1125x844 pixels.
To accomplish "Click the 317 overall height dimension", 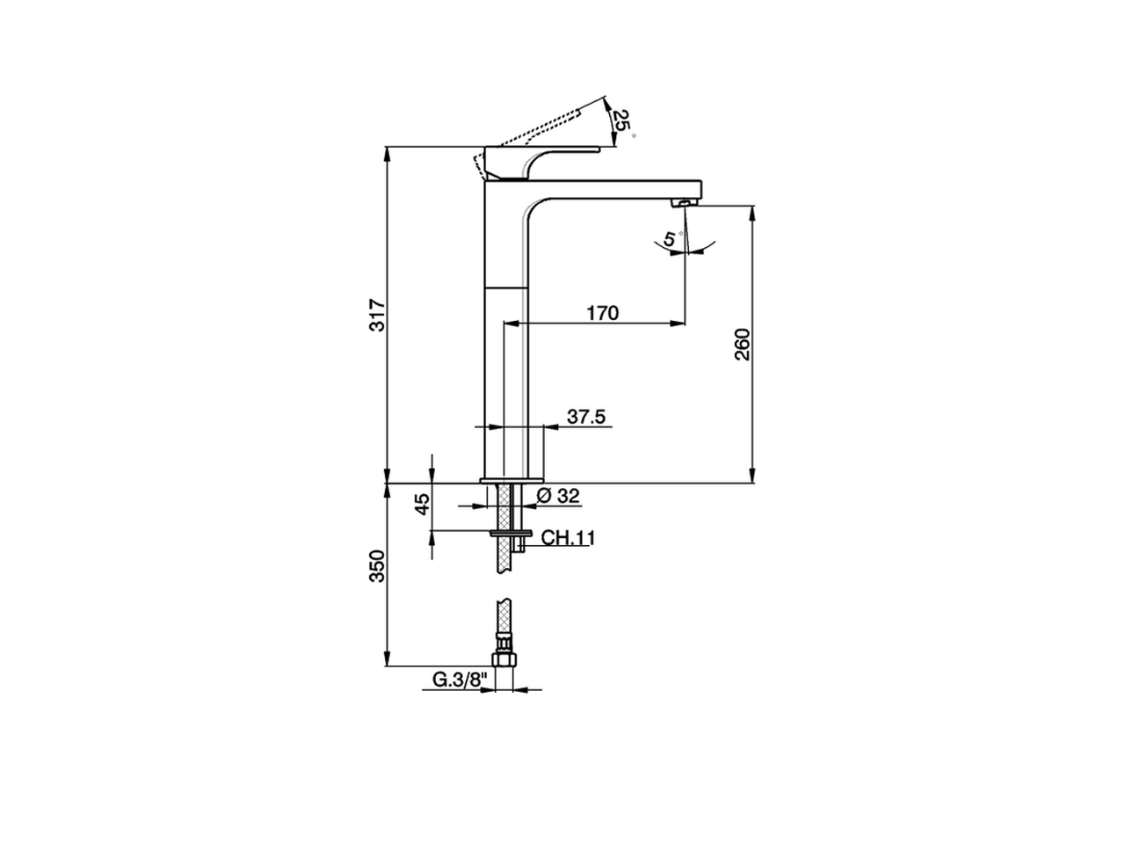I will tap(377, 315).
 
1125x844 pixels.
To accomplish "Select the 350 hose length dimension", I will tap(377, 566).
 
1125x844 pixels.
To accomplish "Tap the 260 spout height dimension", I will tap(743, 345).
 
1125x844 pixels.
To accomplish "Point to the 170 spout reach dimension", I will tap(603, 313).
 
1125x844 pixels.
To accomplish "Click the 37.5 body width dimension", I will tap(586, 417).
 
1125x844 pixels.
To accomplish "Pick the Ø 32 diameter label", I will tap(557, 496).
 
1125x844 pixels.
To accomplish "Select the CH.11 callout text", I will tap(568, 538).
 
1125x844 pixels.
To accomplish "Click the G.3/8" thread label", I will tap(459, 680).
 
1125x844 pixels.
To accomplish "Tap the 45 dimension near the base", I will tap(422, 504).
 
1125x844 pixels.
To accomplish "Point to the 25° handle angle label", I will tap(622, 121).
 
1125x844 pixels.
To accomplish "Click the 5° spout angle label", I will tap(671, 238).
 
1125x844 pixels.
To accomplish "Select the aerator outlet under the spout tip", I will tap(683, 204).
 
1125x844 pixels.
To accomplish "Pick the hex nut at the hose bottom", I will tap(503, 659).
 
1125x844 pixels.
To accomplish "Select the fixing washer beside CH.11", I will tap(512, 532).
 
